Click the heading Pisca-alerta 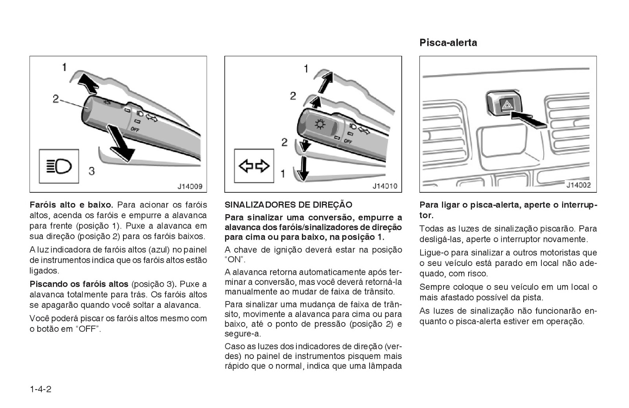[448, 42]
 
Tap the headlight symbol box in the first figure [59, 166]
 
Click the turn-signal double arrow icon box [254, 166]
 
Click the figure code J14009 [189, 186]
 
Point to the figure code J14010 [384, 186]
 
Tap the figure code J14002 [578, 185]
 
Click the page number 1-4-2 [40, 390]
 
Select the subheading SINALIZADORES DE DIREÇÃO [288, 205]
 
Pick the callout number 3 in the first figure [91, 171]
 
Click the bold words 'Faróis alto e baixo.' [71, 205]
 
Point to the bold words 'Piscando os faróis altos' [79, 284]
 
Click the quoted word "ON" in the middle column [235, 260]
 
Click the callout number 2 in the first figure [56, 98]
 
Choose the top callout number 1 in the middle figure [306, 69]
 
